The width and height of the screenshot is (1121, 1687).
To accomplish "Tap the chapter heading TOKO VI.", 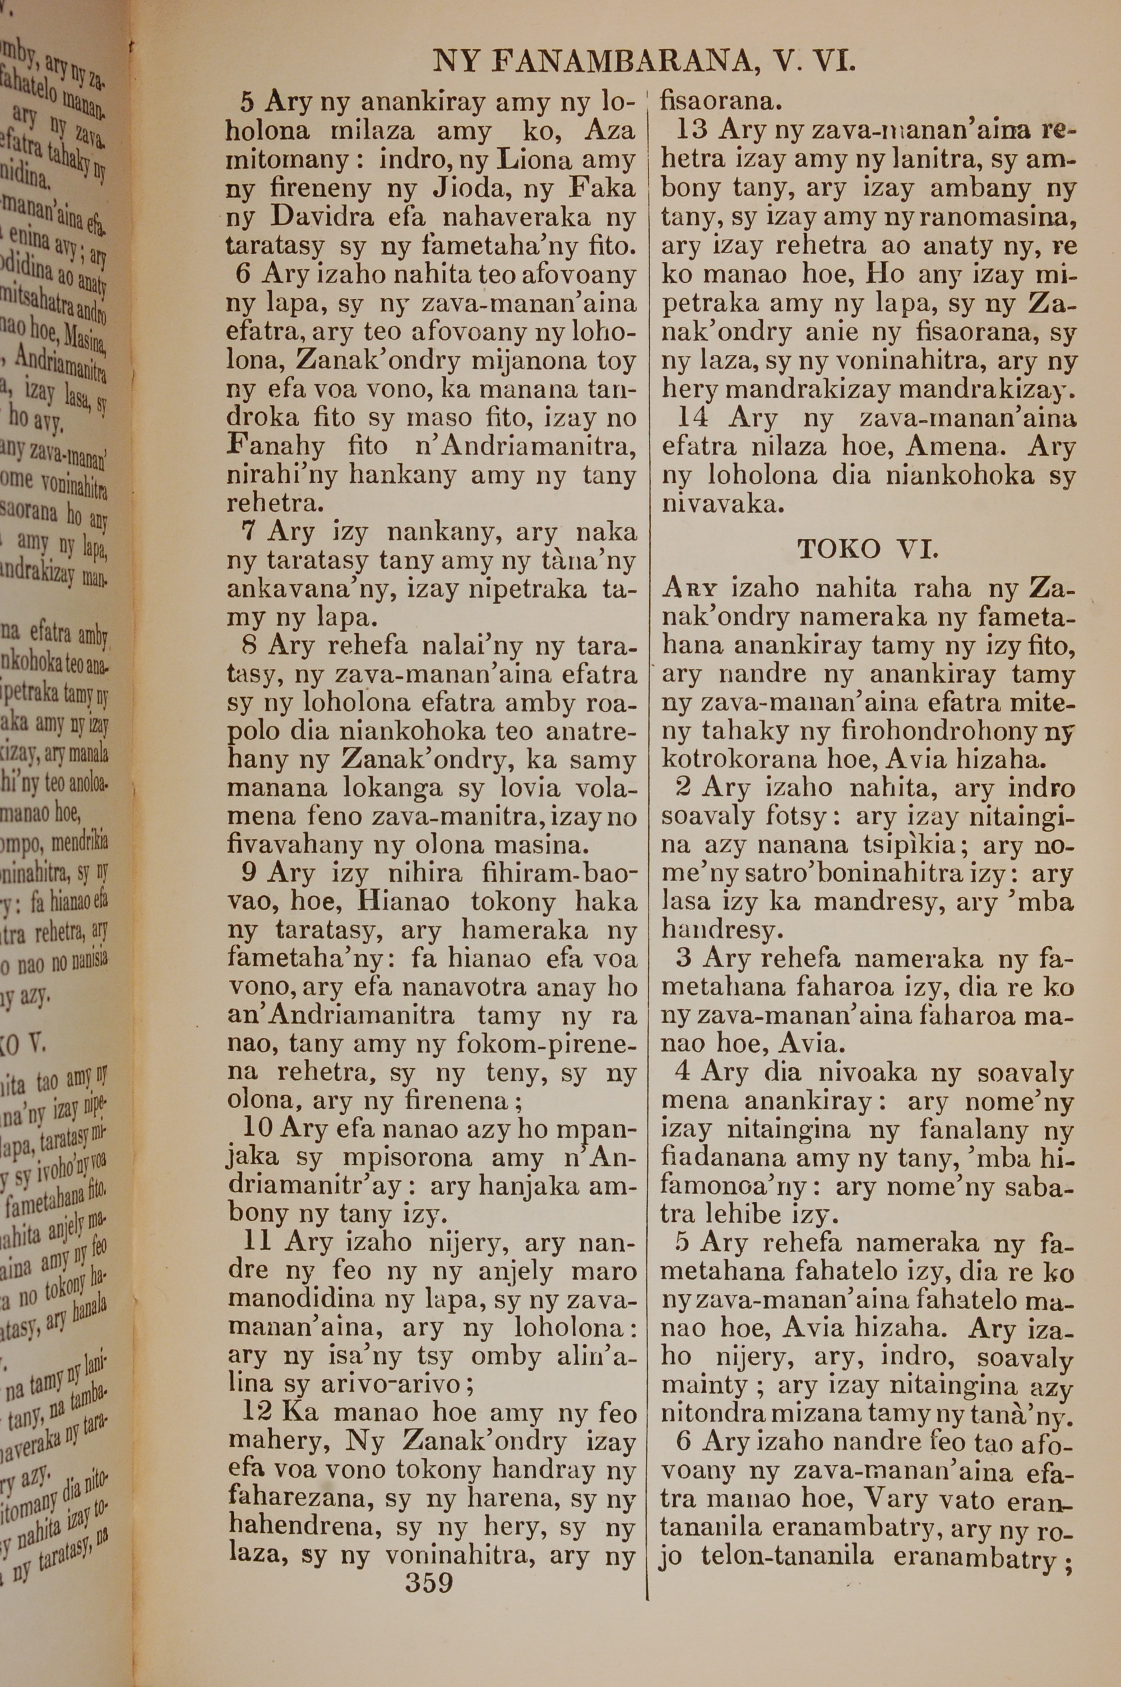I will tap(867, 549).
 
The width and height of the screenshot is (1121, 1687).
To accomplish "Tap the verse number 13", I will tap(691, 130).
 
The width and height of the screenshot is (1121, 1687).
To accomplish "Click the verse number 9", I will tap(249, 874).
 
